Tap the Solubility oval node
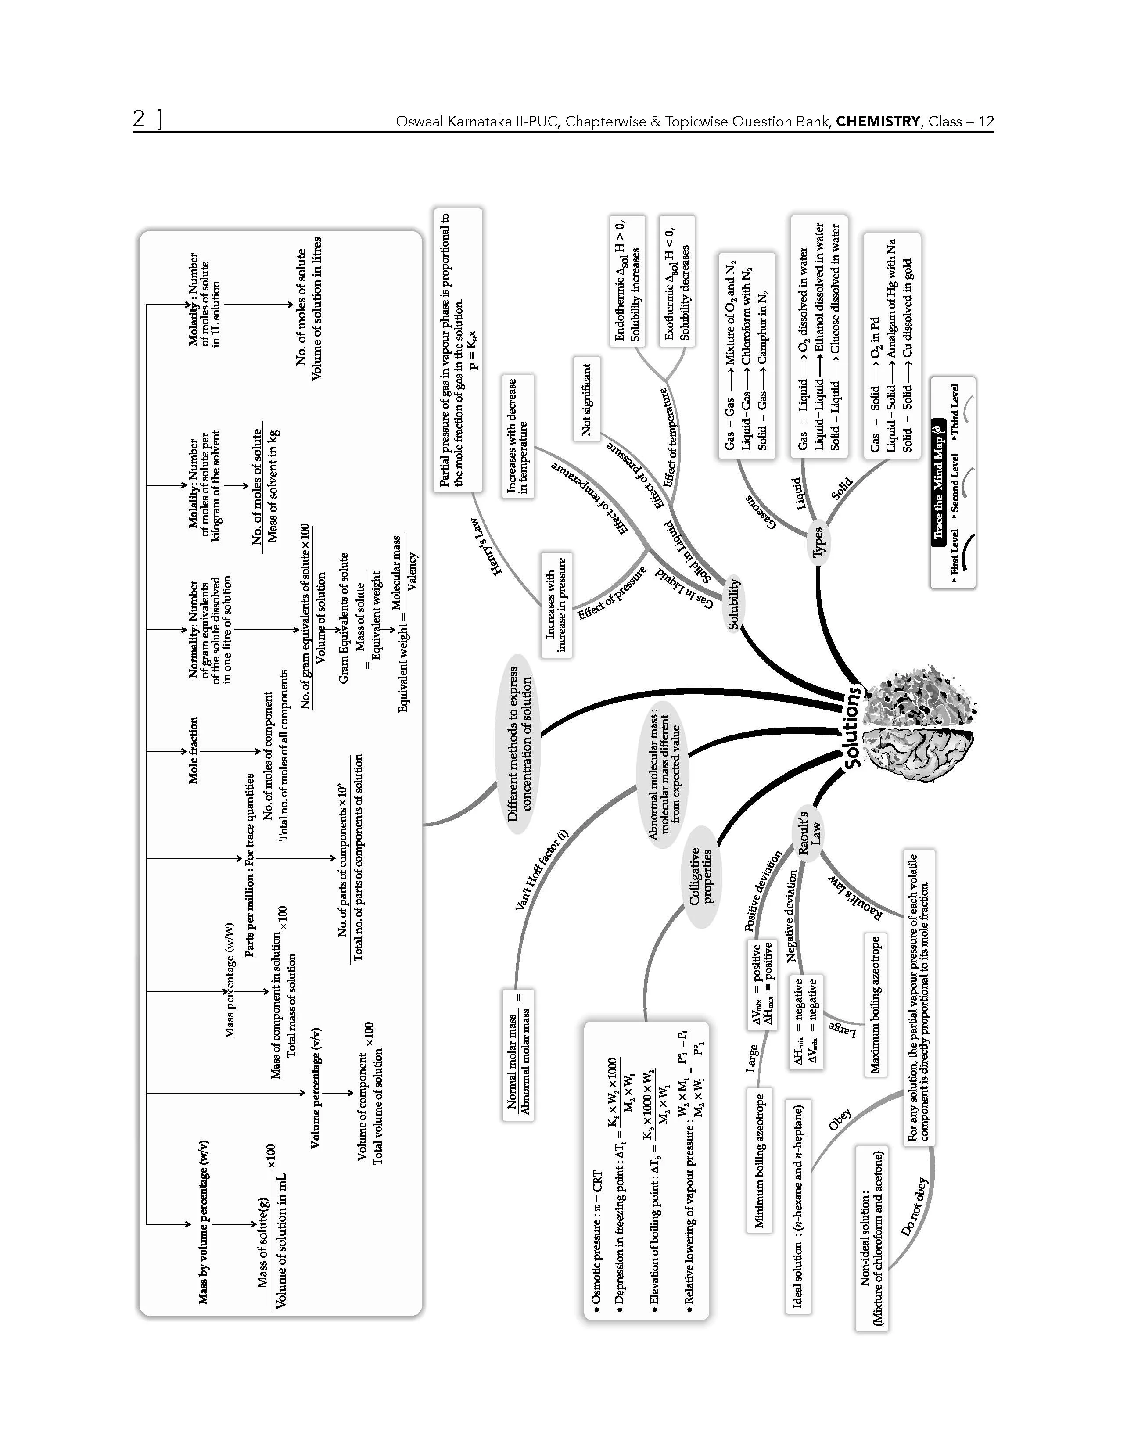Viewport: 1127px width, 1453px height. (x=734, y=603)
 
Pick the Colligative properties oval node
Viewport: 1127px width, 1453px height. (x=701, y=877)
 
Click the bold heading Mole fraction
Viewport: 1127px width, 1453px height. (x=193, y=750)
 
